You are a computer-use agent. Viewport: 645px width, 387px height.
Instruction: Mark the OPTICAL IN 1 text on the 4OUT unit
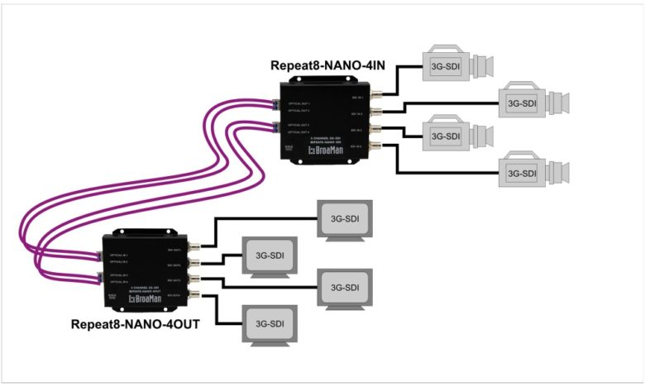pos(117,256)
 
